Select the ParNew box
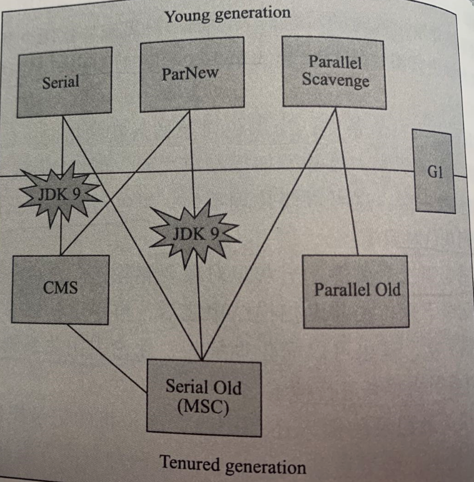point(190,74)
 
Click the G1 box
point(433,172)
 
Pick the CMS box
point(60,289)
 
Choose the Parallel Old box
point(356,291)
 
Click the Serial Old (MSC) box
point(204,398)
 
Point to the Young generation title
point(227,14)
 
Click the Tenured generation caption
point(233,466)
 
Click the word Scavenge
point(336,80)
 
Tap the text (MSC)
point(203,407)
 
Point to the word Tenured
point(188,464)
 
